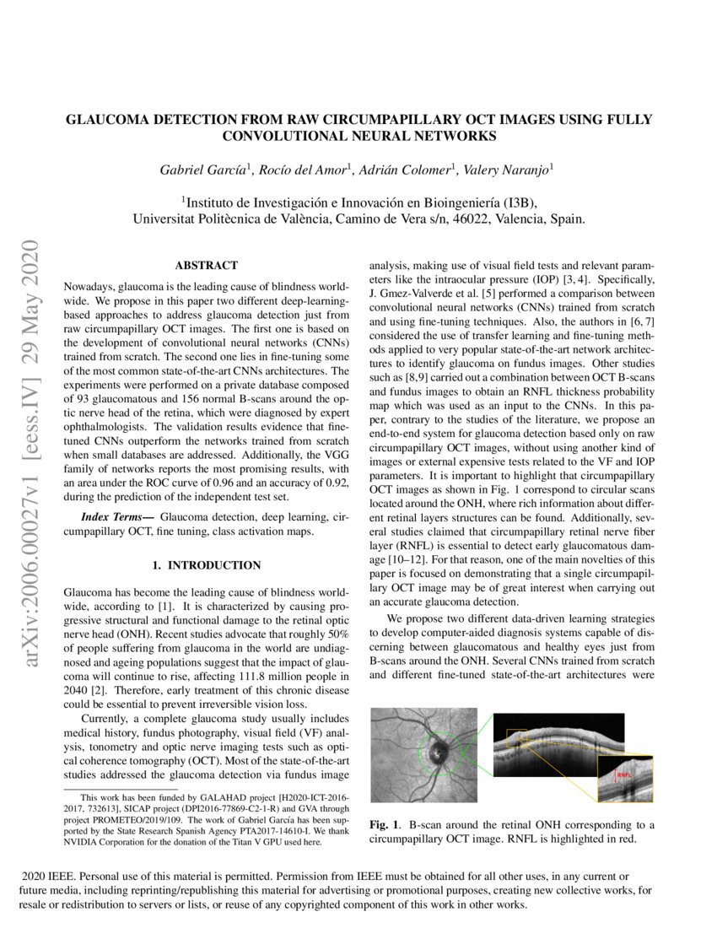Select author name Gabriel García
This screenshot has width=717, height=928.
tap(195, 170)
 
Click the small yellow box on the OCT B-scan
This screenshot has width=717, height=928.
tap(516, 737)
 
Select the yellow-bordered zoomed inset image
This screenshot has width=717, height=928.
tap(625, 779)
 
